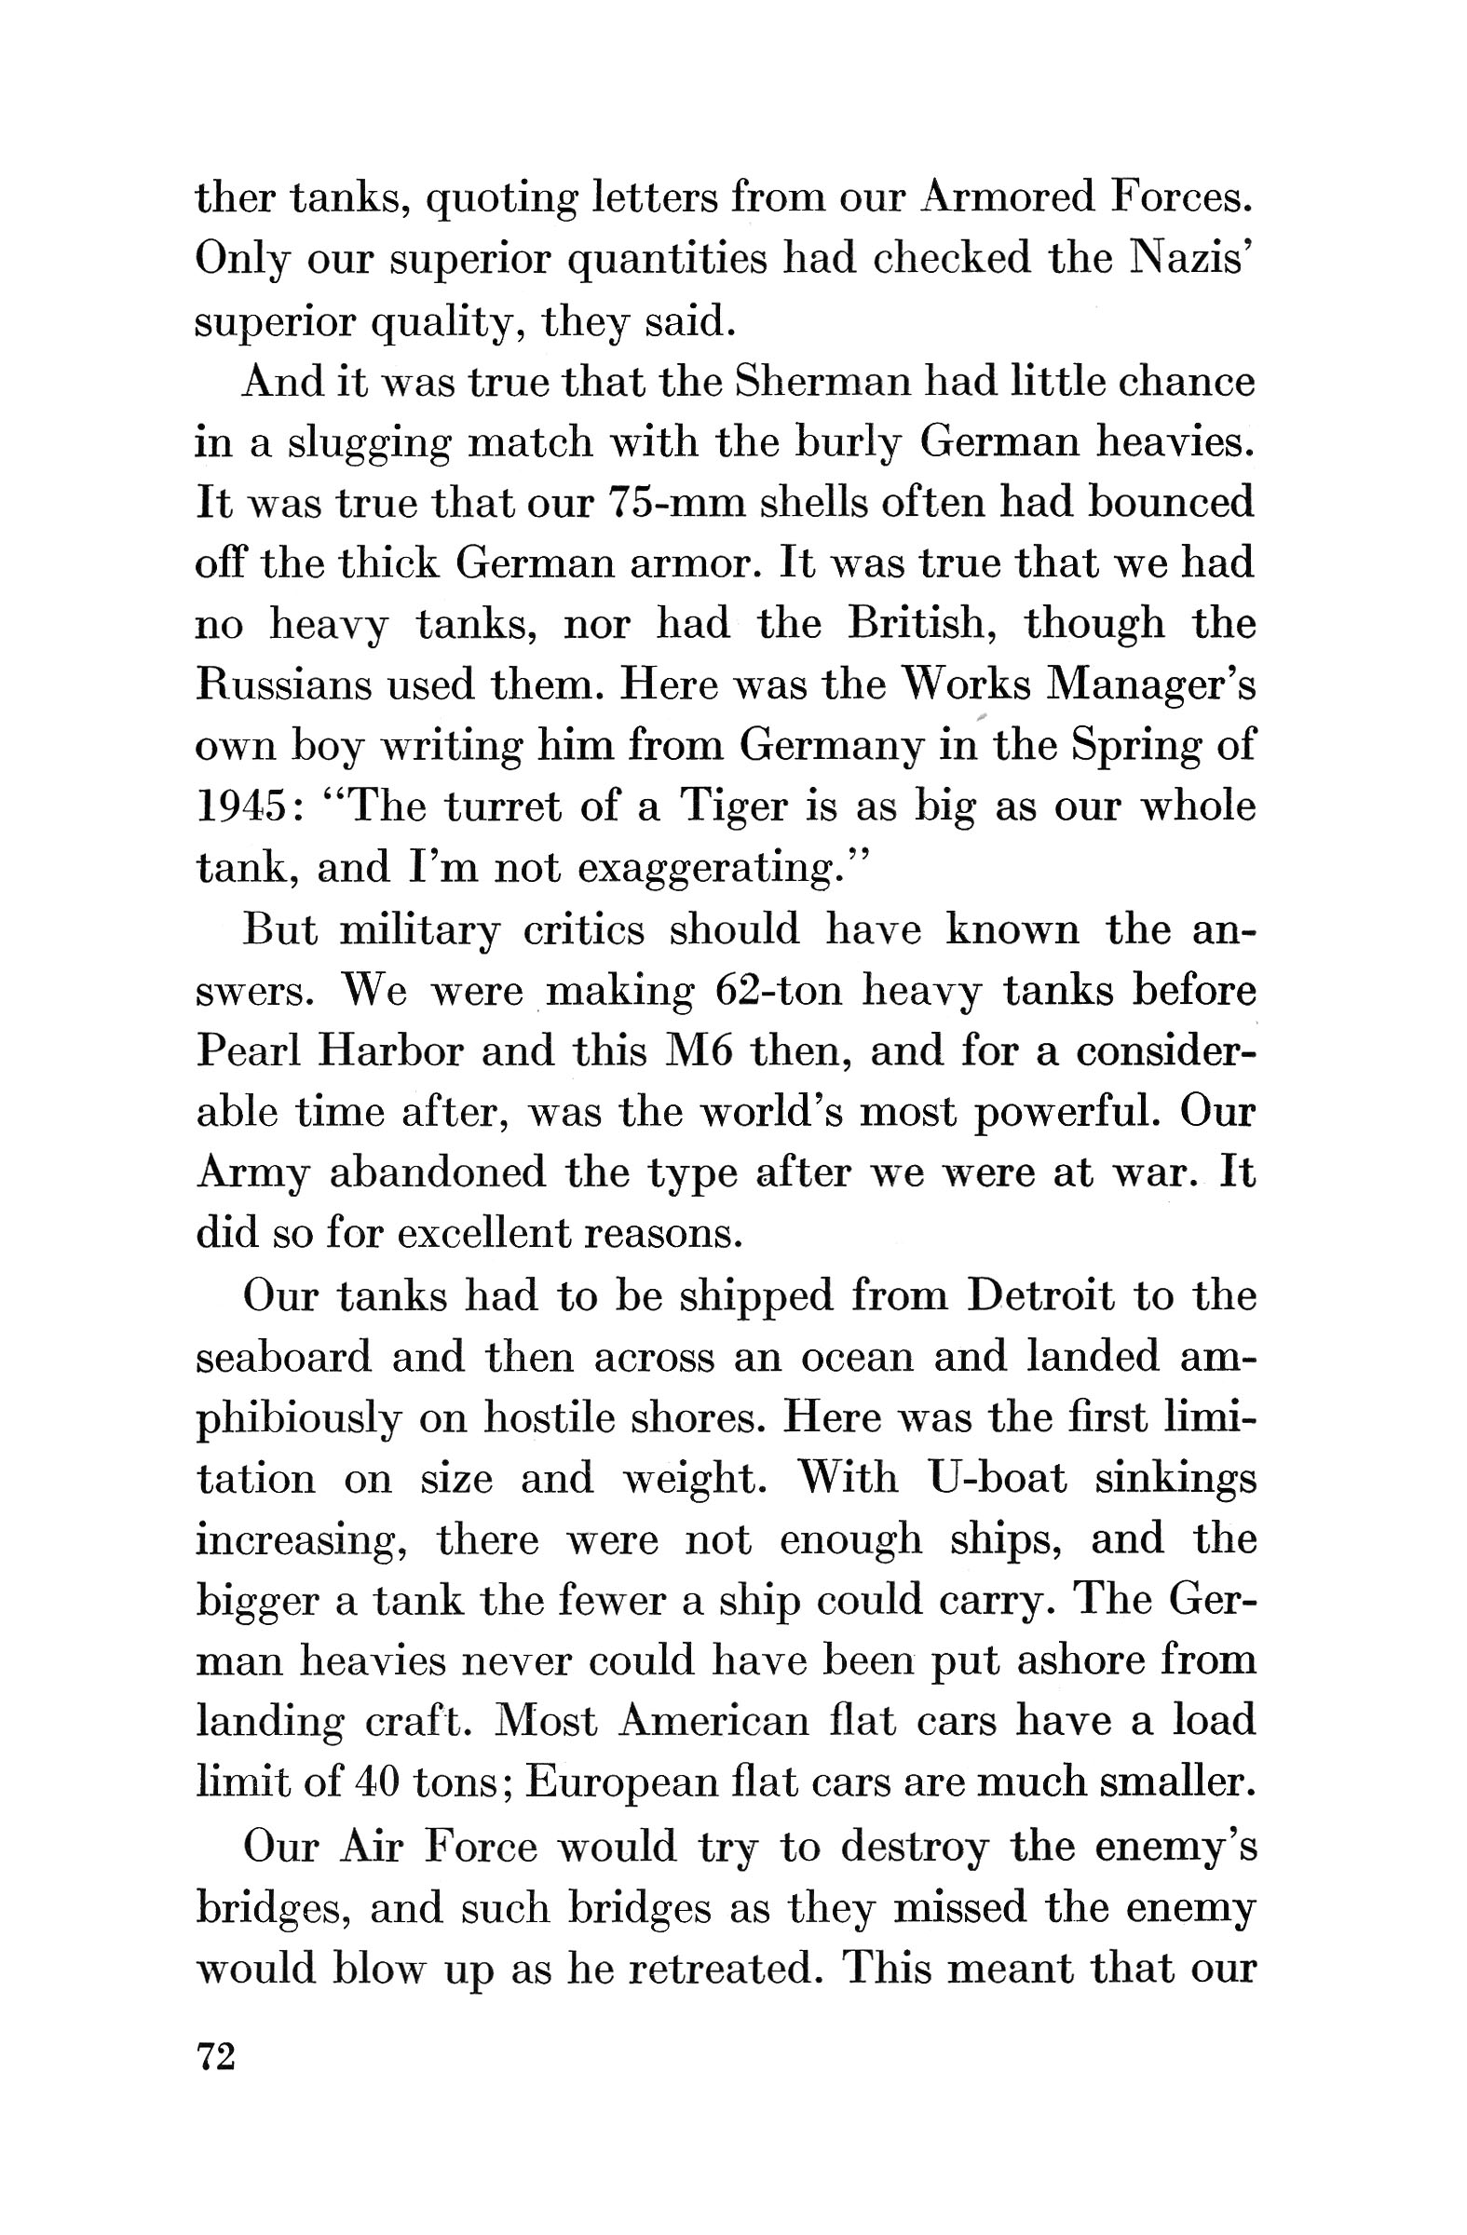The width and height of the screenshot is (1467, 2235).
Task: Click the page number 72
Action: pos(215,2056)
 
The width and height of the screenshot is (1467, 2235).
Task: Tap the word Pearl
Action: pos(248,1051)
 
